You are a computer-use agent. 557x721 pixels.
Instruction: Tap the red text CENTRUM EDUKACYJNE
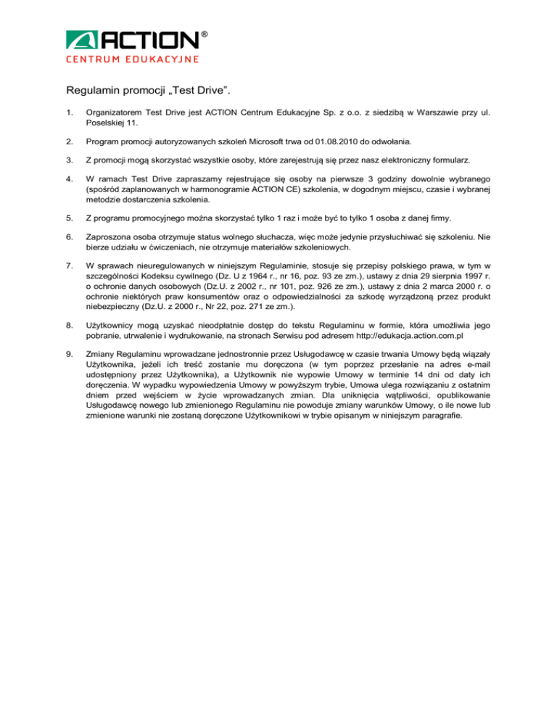(x=133, y=59)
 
